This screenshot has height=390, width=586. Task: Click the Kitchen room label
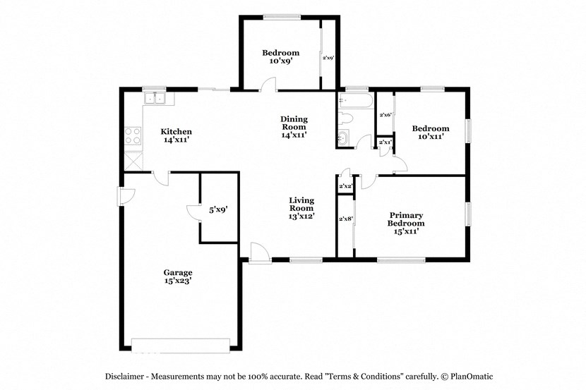176,135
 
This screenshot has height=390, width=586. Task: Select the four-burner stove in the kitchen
132,135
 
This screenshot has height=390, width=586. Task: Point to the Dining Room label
294,126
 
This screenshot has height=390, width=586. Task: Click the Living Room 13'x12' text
301,208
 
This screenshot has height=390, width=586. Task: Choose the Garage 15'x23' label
178,276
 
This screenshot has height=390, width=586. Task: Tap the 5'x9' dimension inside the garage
217,209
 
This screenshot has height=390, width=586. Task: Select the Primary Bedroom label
406,222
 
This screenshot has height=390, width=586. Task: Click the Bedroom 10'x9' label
280,56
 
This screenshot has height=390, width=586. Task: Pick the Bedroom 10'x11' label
431,132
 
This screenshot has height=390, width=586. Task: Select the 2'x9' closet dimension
328,58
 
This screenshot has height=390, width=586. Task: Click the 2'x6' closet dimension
385,115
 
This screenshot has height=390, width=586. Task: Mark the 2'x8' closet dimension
345,219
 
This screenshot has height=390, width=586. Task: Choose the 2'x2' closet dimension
345,186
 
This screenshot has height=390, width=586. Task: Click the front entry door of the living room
258,252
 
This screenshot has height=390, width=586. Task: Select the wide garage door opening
181,344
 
